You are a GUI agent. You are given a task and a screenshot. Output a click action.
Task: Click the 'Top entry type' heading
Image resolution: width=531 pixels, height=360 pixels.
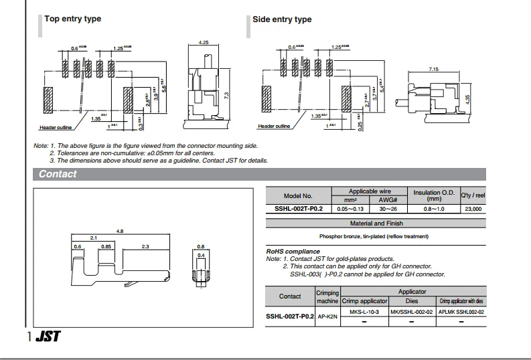click(x=72, y=19)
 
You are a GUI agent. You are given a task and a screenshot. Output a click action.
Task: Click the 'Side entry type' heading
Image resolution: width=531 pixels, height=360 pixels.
click(x=282, y=19)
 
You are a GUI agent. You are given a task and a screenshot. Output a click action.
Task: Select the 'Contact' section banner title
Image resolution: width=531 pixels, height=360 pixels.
click(x=58, y=174)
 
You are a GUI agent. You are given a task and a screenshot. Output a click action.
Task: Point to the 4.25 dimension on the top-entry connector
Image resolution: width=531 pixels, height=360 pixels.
click(x=204, y=42)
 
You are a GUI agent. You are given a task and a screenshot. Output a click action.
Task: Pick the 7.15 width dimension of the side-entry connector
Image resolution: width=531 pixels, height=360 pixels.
click(x=433, y=69)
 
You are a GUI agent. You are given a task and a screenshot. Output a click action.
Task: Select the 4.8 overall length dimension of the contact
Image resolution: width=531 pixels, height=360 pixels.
click(x=120, y=231)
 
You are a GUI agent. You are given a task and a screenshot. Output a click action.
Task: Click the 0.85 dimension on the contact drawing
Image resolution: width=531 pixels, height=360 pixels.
click(x=106, y=247)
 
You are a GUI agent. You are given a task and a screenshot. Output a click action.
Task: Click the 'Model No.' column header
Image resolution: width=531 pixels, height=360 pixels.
click(x=298, y=195)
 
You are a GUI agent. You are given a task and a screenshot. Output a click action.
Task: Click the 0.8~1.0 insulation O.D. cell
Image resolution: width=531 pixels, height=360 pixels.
click(x=434, y=209)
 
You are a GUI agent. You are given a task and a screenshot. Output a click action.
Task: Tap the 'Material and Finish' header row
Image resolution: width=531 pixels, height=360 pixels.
click(x=376, y=223)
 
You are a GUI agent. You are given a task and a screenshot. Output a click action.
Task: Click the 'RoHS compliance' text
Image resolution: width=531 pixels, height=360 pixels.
click(x=293, y=252)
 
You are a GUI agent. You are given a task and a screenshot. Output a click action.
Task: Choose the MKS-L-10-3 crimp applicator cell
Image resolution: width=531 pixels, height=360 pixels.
click(x=364, y=312)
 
